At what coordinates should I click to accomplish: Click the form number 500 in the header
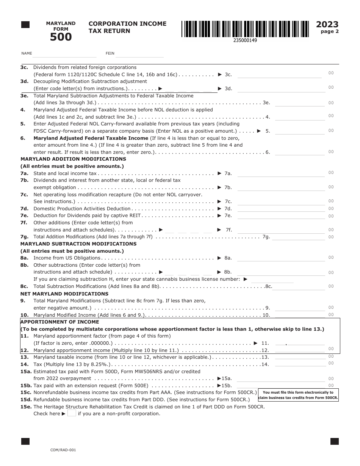click(61, 37)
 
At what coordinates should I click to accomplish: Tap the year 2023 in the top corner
click(327, 25)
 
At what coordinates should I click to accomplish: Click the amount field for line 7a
click(280, 174)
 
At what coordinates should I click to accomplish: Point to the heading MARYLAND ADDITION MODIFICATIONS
click(73, 159)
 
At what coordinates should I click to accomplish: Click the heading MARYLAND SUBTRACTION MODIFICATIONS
click(78, 244)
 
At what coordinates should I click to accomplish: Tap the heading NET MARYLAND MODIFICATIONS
click(64, 294)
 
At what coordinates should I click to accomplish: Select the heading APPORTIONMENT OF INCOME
click(59, 322)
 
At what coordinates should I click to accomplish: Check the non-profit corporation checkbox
click(72, 413)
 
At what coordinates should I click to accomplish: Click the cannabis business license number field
click(272, 280)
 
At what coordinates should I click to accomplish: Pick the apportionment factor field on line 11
click(299, 342)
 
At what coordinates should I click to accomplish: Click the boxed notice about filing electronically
click(298, 395)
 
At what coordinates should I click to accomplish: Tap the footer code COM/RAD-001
click(63, 450)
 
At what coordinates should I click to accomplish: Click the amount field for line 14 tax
click(299, 364)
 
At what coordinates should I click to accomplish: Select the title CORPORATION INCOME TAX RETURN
click(127, 27)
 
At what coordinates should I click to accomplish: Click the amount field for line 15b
click(280, 385)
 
